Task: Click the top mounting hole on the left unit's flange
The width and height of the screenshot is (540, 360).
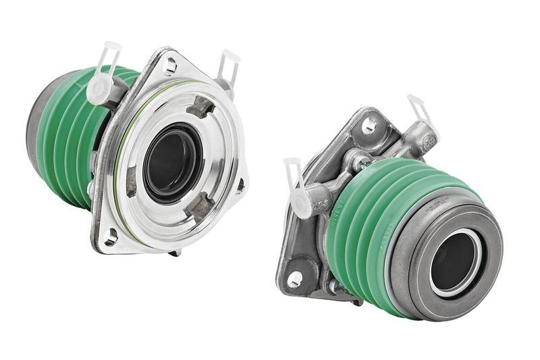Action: tap(171, 66)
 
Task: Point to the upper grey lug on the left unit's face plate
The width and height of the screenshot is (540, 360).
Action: tap(200, 107)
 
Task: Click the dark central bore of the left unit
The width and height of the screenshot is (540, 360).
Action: tap(173, 163)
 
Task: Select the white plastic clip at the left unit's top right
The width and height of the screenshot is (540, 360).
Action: tap(227, 66)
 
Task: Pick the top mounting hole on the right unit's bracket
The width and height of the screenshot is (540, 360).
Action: tap(369, 125)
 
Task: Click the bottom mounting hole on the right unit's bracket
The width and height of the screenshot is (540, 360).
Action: tap(295, 278)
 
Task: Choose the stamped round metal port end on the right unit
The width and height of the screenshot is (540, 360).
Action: tap(427, 142)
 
